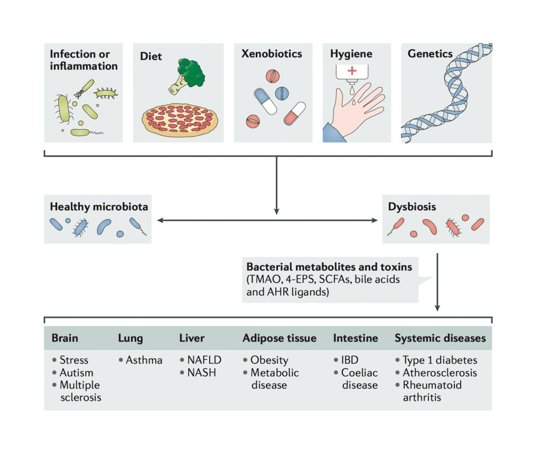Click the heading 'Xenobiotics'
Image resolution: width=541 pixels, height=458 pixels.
coord(272,54)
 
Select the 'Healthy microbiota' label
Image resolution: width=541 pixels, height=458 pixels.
coord(99,207)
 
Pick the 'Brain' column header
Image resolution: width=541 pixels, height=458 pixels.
coord(64,338)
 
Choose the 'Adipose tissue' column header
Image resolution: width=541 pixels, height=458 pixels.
coord(279,338)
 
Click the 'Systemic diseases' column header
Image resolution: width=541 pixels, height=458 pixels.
coord(440,338)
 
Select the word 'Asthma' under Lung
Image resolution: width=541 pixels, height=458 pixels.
coord(144,360)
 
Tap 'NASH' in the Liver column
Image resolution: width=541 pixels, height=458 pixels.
coord(201,372)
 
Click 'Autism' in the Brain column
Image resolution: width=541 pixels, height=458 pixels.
coord(76,372)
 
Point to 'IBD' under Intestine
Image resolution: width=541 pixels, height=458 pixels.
coord(349,360)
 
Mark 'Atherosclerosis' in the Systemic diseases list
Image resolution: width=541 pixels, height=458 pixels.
coord(440,372)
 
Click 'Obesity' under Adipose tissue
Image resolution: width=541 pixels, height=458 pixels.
coord(269,360)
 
